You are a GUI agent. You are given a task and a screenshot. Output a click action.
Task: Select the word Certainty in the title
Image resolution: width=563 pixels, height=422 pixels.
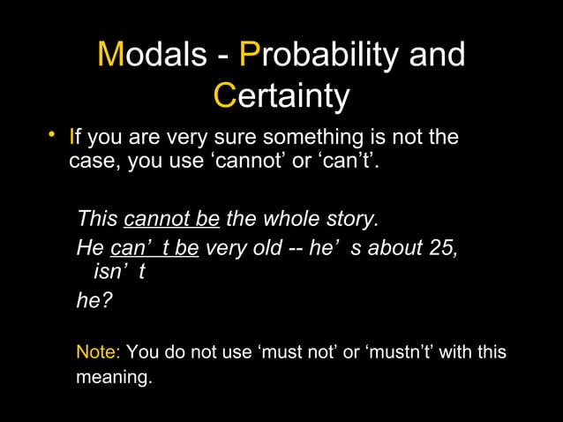[x=282, y=96]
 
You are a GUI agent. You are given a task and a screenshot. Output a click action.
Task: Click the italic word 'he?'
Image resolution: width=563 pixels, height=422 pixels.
[x=94, y=300]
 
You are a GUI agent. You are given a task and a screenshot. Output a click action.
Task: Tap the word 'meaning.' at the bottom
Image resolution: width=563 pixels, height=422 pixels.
[x=115, y=378]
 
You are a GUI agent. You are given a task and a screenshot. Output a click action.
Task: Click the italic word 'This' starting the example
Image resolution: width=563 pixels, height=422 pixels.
[x=98, y=217]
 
